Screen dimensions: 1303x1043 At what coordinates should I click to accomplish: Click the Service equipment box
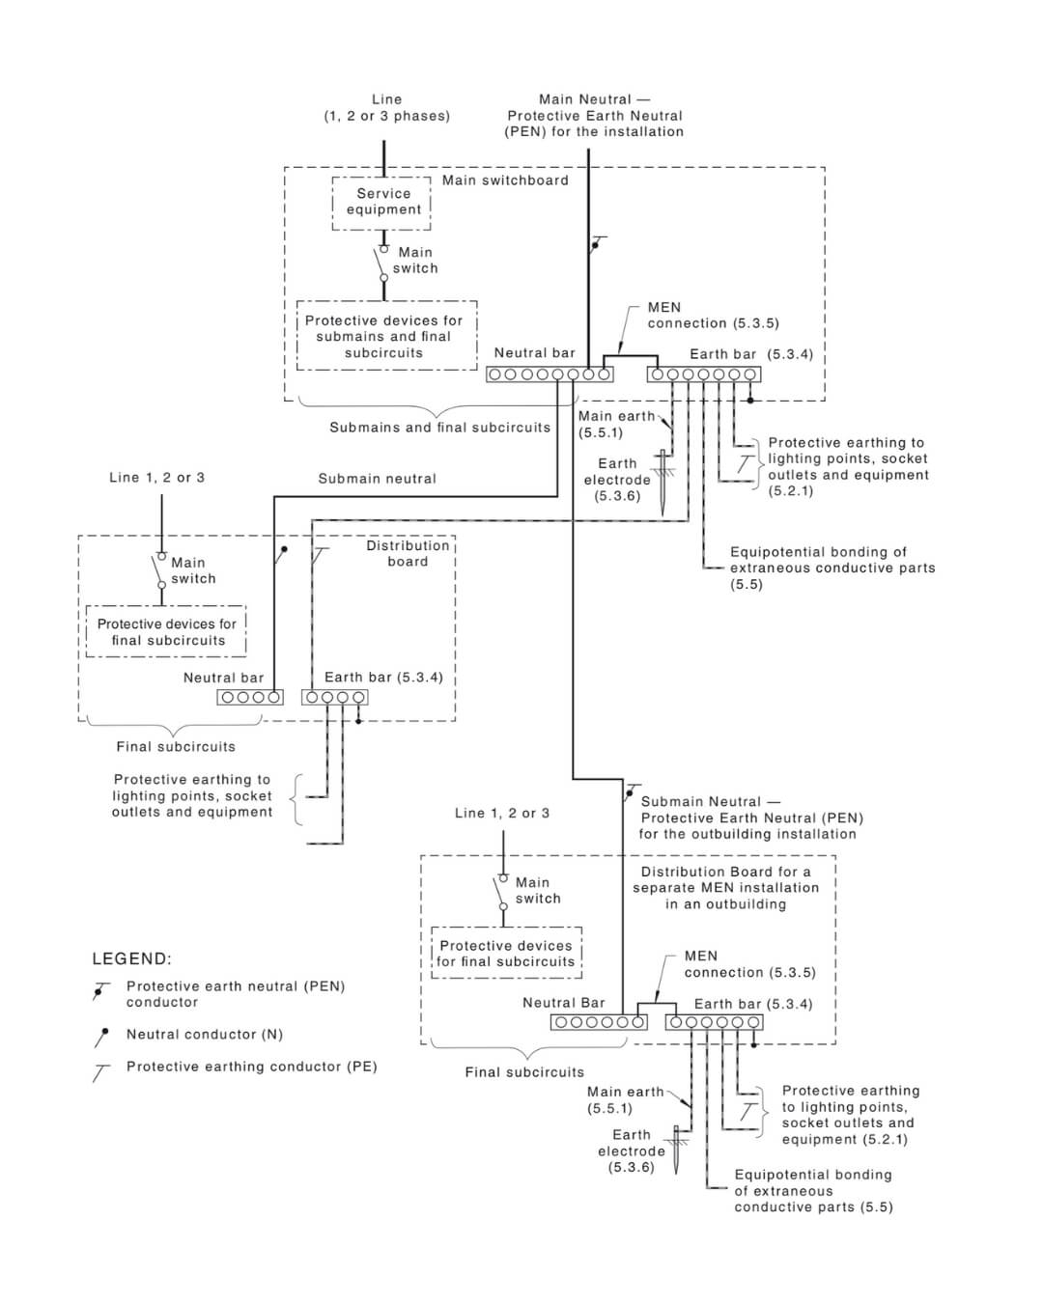382,202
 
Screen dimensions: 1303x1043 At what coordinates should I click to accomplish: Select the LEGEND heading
131,958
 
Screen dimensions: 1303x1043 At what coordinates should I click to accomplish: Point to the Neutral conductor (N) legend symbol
100,1037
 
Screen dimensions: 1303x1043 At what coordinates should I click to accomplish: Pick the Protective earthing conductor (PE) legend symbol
100,1070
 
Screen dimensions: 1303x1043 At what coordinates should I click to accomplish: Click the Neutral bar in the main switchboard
549,374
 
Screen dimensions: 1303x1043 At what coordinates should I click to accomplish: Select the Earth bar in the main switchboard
703,374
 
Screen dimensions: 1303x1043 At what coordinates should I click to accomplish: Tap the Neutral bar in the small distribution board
250,697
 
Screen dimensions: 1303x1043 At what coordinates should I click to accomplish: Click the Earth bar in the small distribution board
334,697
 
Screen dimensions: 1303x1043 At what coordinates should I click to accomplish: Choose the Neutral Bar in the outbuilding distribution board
599,1022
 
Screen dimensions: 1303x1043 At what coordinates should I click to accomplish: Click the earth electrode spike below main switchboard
664,487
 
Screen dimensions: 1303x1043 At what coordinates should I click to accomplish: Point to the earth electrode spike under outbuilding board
677,1151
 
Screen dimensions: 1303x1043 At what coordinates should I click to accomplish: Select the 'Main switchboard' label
505,180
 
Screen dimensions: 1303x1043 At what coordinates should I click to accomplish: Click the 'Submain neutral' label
377,479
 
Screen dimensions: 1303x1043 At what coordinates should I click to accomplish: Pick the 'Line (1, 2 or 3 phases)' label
386,107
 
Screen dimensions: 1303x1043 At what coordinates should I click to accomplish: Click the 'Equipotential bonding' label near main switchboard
832,568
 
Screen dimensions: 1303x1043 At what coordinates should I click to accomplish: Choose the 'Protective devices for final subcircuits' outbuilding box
506,954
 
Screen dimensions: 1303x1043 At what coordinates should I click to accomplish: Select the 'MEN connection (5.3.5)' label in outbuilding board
749,964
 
